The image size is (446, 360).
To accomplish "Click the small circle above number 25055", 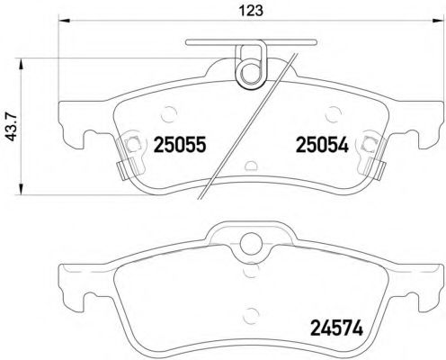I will click(x=170, y=112).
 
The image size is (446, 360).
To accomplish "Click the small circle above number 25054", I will click(x=331, y=112).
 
